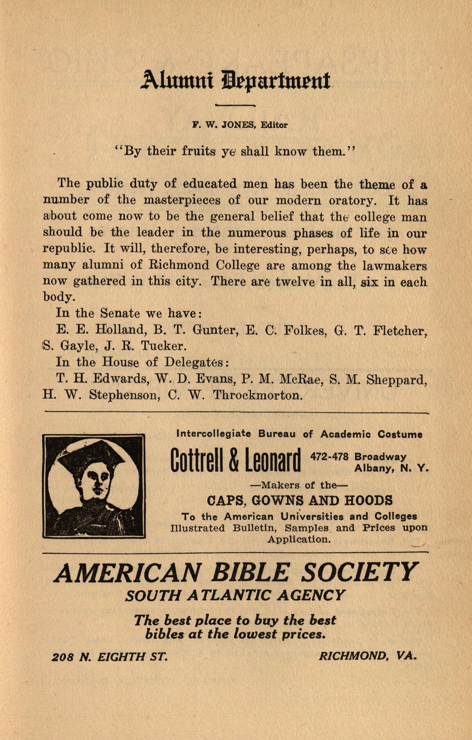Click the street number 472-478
329,457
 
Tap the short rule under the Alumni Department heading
235,105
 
